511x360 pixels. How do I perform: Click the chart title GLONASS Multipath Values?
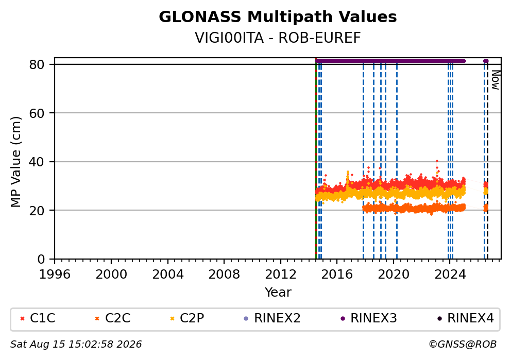(x=278, y=17)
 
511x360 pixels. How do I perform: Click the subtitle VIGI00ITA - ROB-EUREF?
(x=278, y=38)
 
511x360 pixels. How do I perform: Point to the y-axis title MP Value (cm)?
(x=15, y=162)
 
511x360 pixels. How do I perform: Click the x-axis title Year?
(x=278, y=292)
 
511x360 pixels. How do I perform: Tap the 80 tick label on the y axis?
(x=37, y=64)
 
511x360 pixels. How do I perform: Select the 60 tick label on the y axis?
(x=37, y=113)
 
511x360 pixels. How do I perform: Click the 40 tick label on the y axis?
(x=37, y=162)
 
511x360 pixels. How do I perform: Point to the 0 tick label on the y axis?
(x=41, y=259)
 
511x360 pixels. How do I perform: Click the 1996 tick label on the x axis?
(x=55, y=275)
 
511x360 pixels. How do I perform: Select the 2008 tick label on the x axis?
(x=224, y=275)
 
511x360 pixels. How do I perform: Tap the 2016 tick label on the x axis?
(x=337, y=275)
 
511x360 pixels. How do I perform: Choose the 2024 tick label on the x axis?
(x=450, y=275)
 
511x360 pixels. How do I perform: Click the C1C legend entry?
(x=38, y=318)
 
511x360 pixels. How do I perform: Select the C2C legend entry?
(x=113, y=318)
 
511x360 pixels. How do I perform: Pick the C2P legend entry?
(x=187, y=318)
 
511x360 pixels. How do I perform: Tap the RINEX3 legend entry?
(x=369, y=318)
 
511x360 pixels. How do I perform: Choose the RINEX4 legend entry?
(x=465, y=318)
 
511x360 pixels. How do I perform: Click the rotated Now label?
(x=496, y=80)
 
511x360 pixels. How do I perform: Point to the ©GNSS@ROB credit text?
(x=463, y=344)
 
